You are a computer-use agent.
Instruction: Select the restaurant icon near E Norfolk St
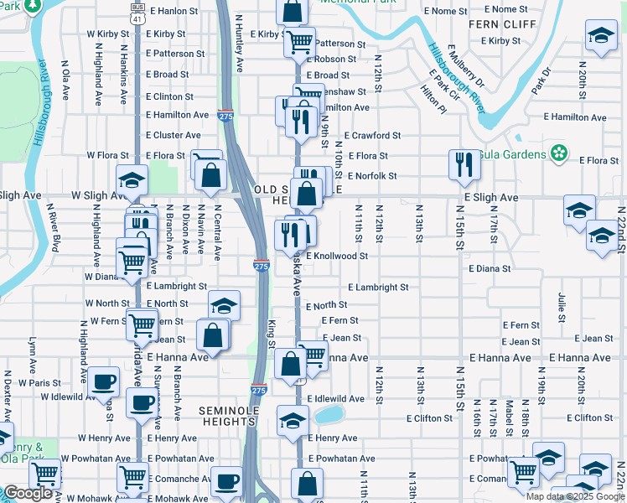coord(463,166)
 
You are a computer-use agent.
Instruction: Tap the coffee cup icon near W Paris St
coord(104,382)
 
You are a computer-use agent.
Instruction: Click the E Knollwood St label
coord(337,256)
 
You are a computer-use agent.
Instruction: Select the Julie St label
coord(560,306)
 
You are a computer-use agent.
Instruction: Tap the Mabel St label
coord(508,414)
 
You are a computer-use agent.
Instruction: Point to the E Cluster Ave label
coord(173,135)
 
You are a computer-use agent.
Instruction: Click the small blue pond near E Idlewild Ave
coord(329,414)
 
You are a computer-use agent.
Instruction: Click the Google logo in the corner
coord(28,493)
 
